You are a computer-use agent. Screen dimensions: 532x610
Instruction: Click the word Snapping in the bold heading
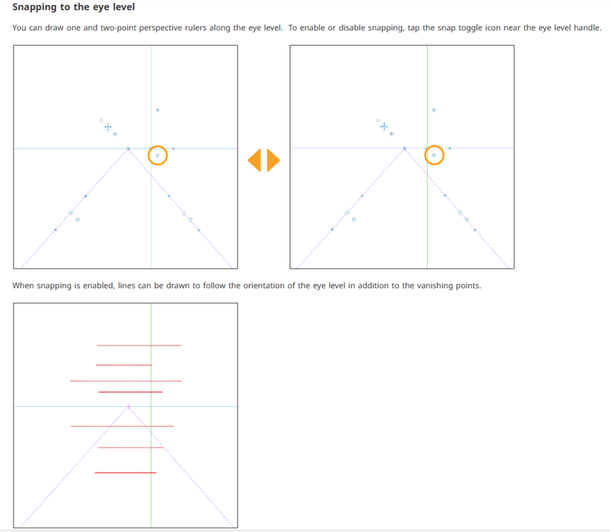[36, 8]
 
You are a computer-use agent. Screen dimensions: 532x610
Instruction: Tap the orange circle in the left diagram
[158, 155]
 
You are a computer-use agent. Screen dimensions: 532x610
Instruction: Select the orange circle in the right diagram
[434, 155]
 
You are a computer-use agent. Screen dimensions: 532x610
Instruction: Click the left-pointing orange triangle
[255, 160]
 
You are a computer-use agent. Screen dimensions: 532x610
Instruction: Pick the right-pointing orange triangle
[273, 160]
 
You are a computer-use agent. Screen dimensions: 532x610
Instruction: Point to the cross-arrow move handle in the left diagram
[107, 127]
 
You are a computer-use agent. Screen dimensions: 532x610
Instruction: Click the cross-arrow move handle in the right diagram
[384, 126]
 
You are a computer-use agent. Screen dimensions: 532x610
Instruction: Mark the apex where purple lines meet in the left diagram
[128, 149]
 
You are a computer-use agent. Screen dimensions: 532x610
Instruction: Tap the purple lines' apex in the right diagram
[405, 149]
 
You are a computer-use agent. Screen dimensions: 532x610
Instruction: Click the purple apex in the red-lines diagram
[128, 406]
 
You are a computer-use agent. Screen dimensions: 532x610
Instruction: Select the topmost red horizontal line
[139, 345]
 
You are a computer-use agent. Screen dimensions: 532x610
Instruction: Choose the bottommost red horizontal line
[126, 472]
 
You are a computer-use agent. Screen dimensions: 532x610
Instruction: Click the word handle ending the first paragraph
[586, 29]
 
